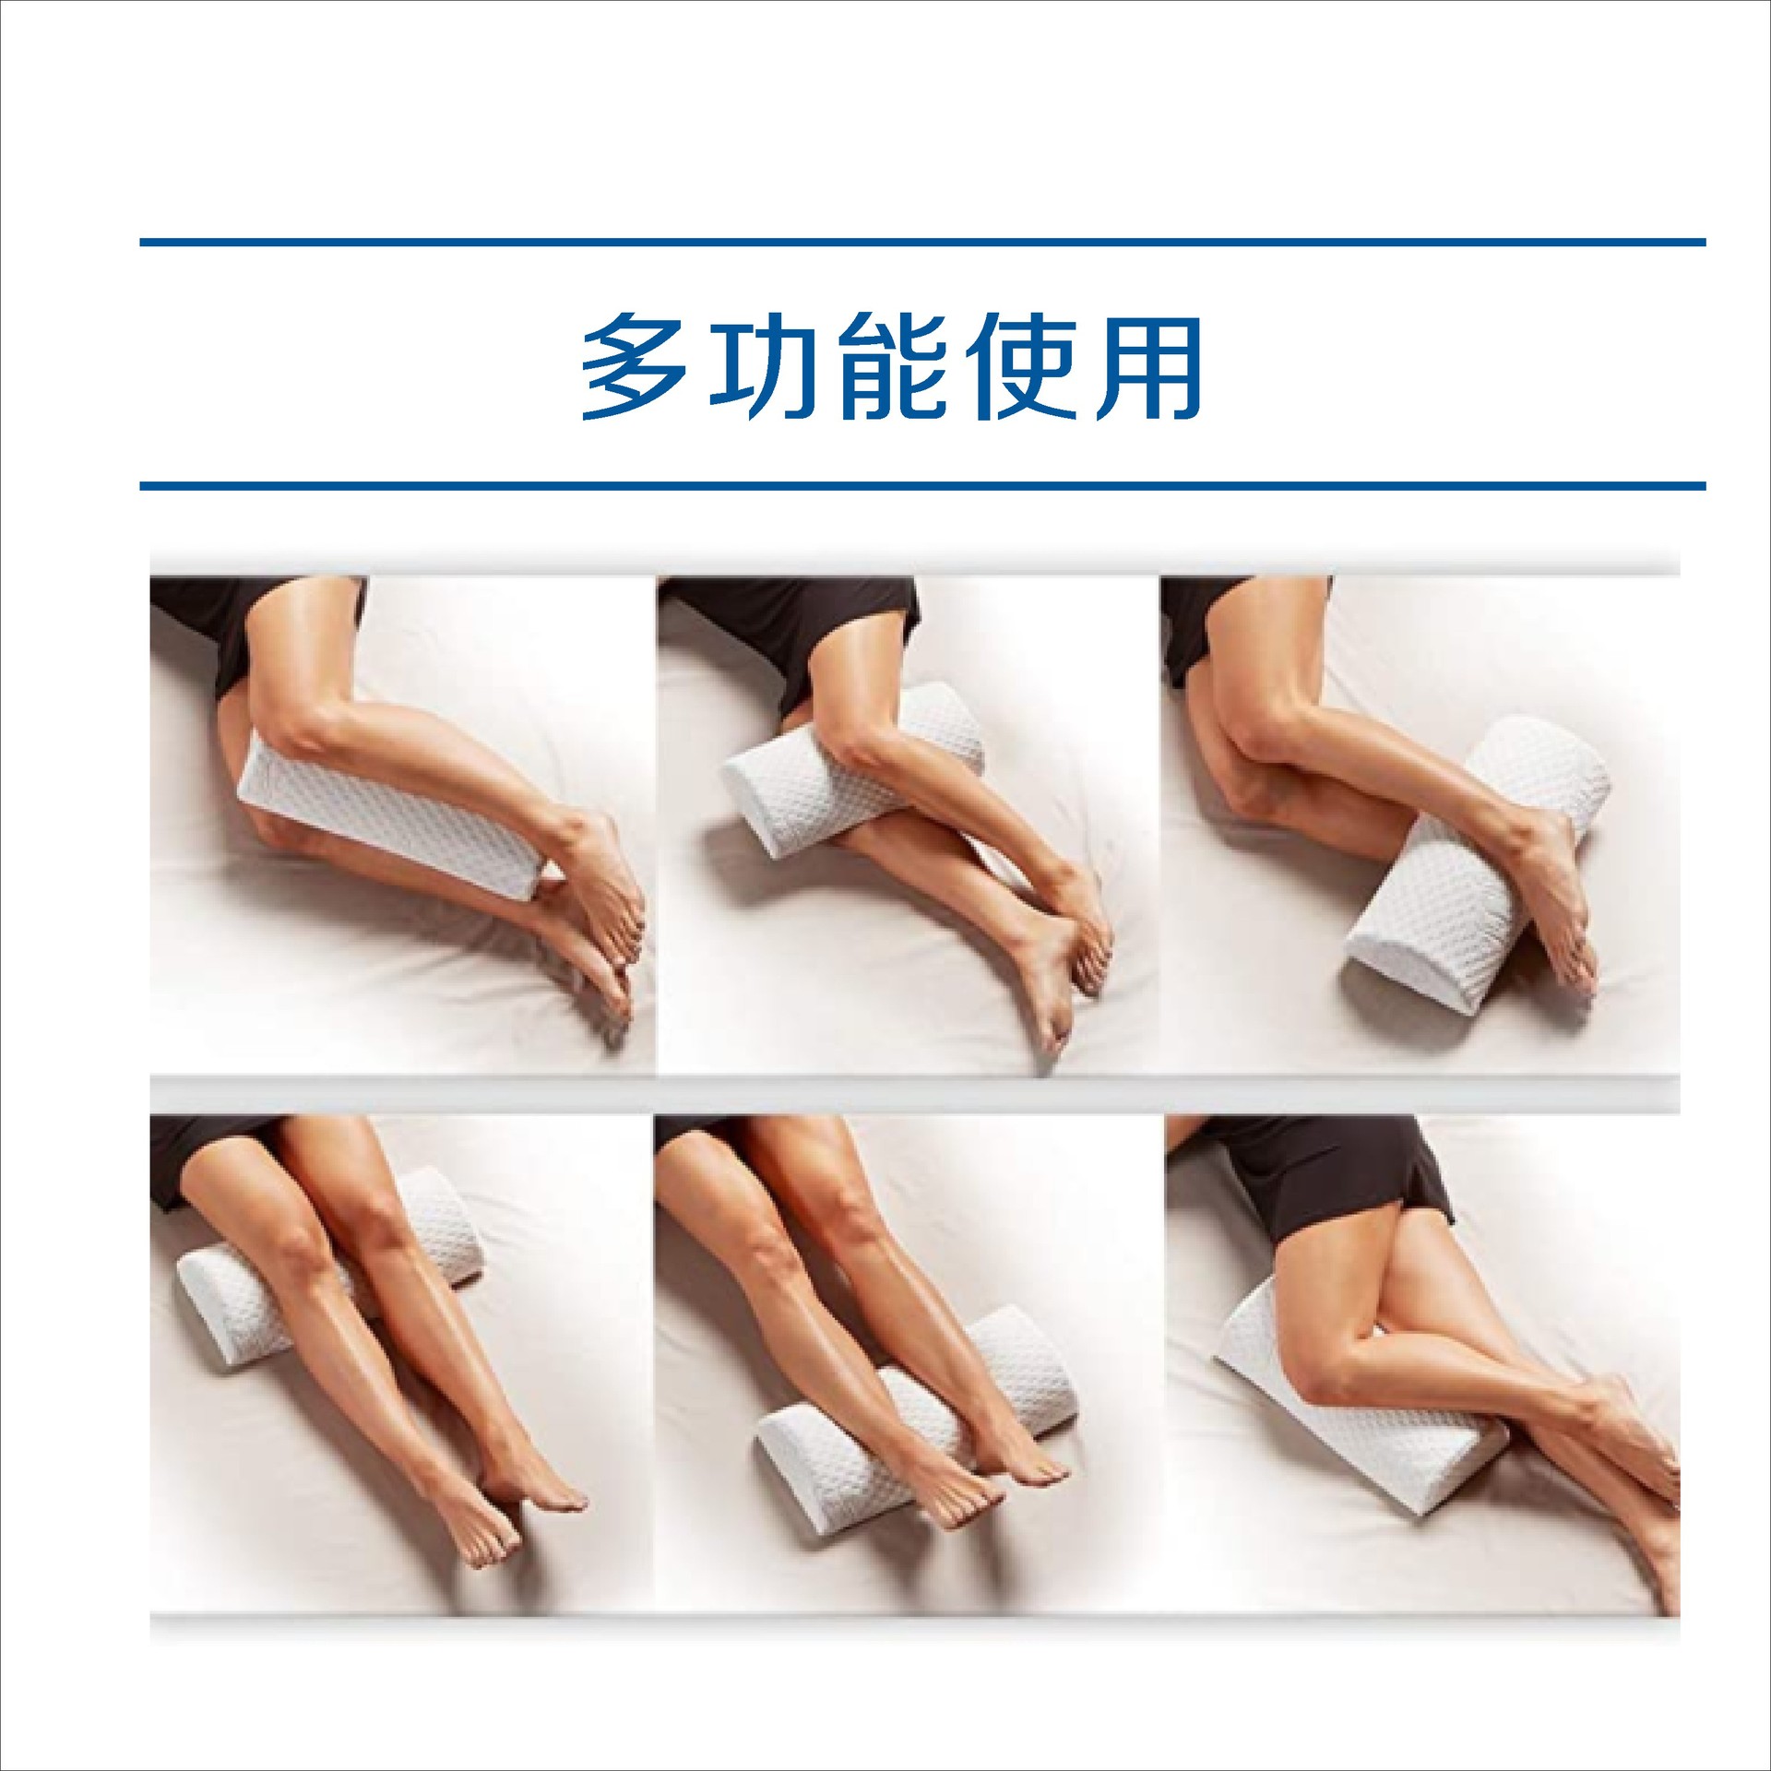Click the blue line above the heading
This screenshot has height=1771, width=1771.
pyautogui.click(x=922, y=243)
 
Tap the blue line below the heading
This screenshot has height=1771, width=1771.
pyautogui.click(x=922, y=485)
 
